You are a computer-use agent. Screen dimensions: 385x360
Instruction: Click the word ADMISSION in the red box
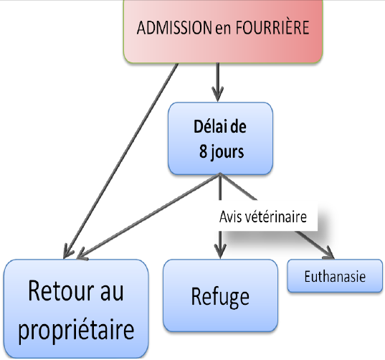174,27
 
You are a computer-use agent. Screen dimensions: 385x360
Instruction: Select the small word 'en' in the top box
223,29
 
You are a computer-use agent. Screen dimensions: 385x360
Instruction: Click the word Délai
211,126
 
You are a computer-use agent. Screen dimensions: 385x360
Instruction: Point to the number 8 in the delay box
204,151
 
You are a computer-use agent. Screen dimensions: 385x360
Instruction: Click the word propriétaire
76,331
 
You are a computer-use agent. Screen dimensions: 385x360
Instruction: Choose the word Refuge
220,297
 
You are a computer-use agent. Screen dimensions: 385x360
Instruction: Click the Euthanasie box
335,276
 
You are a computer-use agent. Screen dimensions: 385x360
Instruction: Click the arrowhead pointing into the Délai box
217,95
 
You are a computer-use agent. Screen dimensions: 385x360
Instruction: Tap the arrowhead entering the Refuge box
220,250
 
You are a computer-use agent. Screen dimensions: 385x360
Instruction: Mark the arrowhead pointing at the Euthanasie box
329,253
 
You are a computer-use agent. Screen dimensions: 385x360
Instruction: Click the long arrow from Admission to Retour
120,161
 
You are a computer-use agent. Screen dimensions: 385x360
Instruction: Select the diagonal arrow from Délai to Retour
148,216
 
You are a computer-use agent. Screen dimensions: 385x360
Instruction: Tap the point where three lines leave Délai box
220,174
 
